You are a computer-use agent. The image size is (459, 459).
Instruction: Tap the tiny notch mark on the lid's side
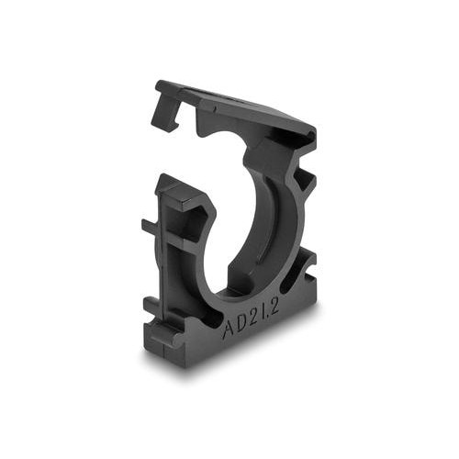click(216, 108)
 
